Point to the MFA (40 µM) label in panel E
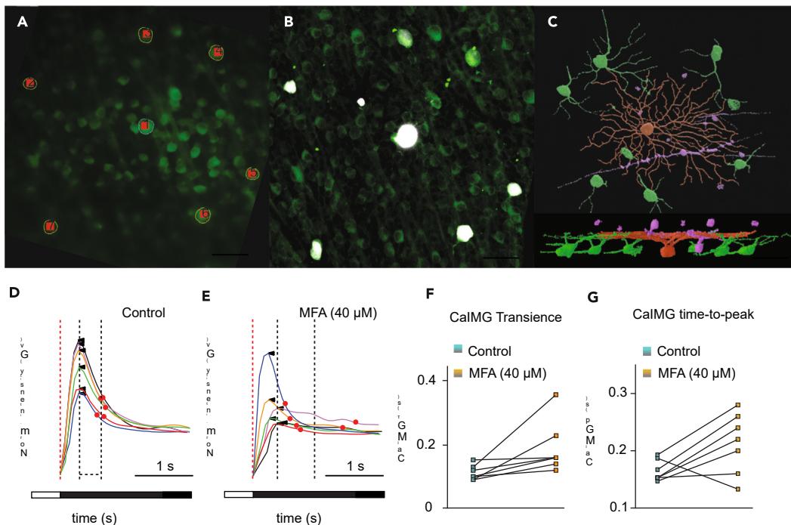click(336, 310)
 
